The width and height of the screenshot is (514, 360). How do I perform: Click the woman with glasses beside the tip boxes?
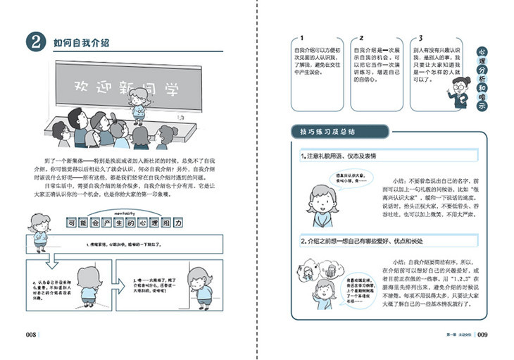click(458, 90)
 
